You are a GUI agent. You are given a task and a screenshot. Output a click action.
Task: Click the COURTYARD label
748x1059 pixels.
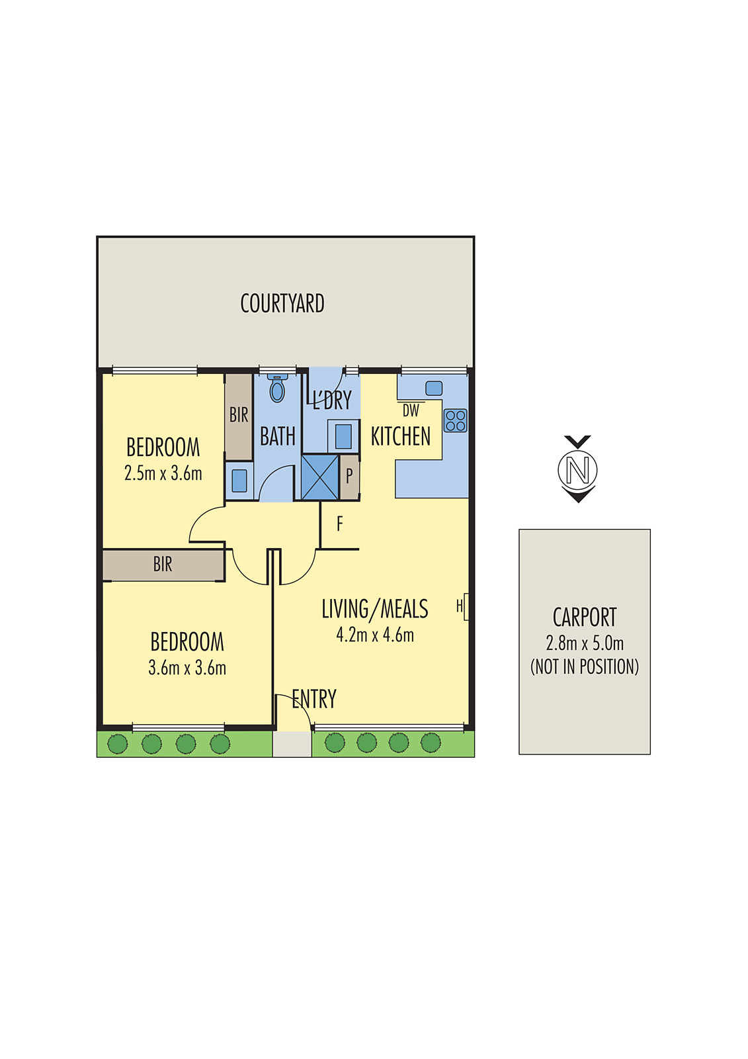[282, 304]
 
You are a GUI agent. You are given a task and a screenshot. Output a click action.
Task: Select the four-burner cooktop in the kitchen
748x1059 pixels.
[455, 420]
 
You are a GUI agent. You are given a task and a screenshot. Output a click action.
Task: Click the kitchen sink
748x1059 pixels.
[434, 388]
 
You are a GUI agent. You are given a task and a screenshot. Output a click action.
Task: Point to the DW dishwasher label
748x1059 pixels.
[411, 410]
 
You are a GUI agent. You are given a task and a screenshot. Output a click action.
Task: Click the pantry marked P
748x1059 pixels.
[349, 477]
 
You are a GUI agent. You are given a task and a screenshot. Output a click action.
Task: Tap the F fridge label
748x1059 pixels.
[339, 524]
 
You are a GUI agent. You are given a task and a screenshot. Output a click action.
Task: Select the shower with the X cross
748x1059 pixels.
[320, 477]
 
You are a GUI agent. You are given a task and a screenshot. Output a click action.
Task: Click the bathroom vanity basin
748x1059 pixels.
[239, 481]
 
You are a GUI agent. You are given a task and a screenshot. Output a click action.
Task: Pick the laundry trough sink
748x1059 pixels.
[343, 436]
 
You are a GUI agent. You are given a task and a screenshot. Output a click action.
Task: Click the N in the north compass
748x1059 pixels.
[577, 469]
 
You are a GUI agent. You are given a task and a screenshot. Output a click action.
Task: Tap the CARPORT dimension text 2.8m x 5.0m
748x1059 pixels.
[585, 643]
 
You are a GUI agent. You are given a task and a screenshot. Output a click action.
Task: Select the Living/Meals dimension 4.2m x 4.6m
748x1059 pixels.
[375, 635]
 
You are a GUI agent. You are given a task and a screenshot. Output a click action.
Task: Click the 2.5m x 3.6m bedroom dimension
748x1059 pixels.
[163, 473]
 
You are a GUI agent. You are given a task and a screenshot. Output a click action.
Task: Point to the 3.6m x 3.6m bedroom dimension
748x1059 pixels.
[187, 668]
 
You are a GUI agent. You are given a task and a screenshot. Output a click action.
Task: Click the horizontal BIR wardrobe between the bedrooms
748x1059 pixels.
[163, 565]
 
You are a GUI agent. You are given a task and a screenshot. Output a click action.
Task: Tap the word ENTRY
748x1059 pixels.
[314, 699]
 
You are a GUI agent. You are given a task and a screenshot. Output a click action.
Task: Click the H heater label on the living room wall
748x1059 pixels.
[459, 606]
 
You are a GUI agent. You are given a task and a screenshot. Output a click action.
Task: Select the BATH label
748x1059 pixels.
[277, 436]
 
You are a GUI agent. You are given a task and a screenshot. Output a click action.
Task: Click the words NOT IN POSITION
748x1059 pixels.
[585, 667]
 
